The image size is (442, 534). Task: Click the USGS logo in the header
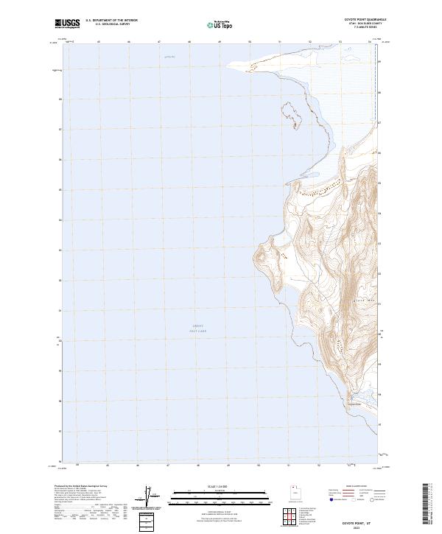pyautogui.click(x=67, y=23)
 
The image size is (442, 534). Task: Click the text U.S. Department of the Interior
pyautogui.click(x=111, y=20)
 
